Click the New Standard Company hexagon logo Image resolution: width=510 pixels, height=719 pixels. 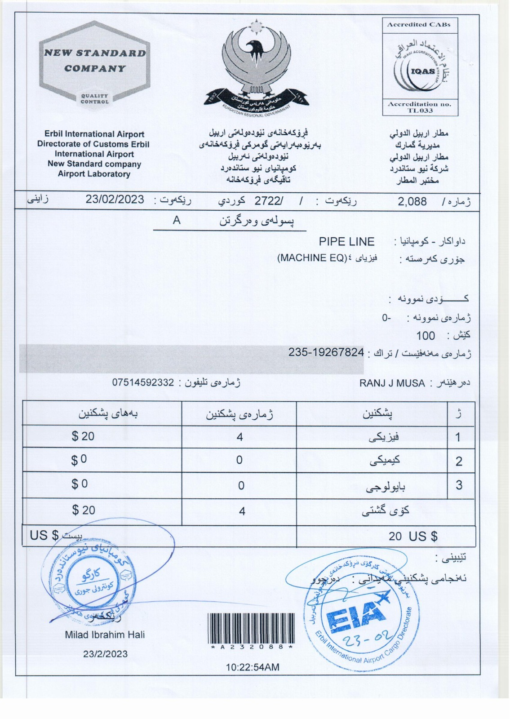point(94,62)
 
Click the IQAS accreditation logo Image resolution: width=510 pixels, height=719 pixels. point(420,67)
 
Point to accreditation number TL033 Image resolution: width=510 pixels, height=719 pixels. point(420,111)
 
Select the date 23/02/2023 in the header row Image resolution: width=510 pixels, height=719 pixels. point(115,200)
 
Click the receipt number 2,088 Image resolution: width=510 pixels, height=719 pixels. point(412,201)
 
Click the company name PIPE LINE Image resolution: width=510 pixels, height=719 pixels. point(346,242)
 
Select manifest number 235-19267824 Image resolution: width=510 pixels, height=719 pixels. point(326,352)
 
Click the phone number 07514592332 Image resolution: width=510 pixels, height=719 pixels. point(143,383)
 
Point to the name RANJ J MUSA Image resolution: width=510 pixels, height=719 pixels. point(392,383)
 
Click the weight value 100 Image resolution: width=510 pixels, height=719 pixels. point(425,336)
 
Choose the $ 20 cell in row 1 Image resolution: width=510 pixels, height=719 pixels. point(83,436)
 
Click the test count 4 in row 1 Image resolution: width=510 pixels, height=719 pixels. point(239,437)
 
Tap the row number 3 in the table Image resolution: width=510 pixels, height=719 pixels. point(459,485)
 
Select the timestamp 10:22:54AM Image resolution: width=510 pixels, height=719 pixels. point(252,667)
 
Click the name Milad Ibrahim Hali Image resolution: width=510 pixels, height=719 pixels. point(105,635)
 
